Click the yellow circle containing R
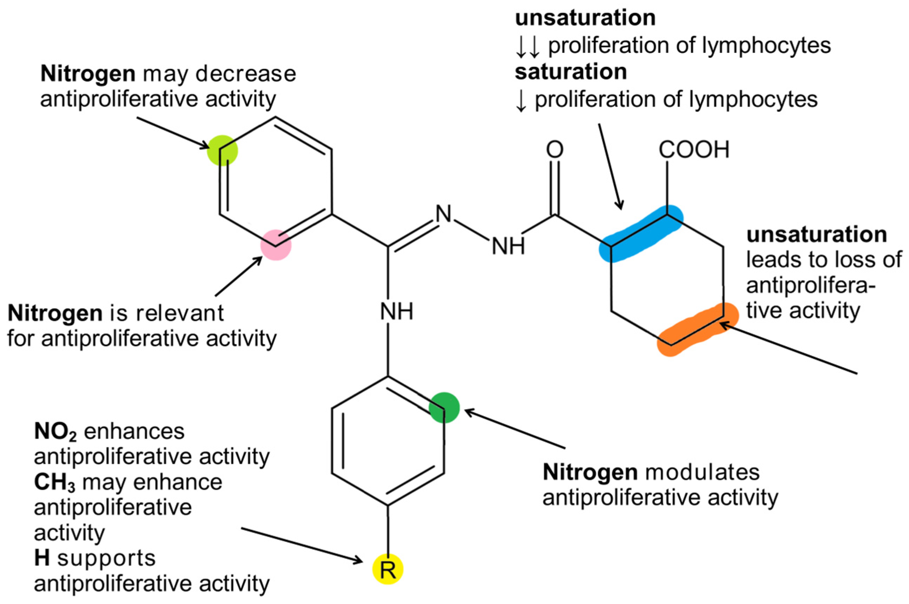click(x=388, y=569)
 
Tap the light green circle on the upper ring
click(x=222, y=151)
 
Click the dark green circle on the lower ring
click(x=444, y=407)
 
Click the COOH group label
click(x=694, y=150)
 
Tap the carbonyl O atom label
click(x=555, y=150)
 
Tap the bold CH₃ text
click(x=55, y=482)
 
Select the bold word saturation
click(x=571, y=72)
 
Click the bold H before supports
click(x=42, y=558)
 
